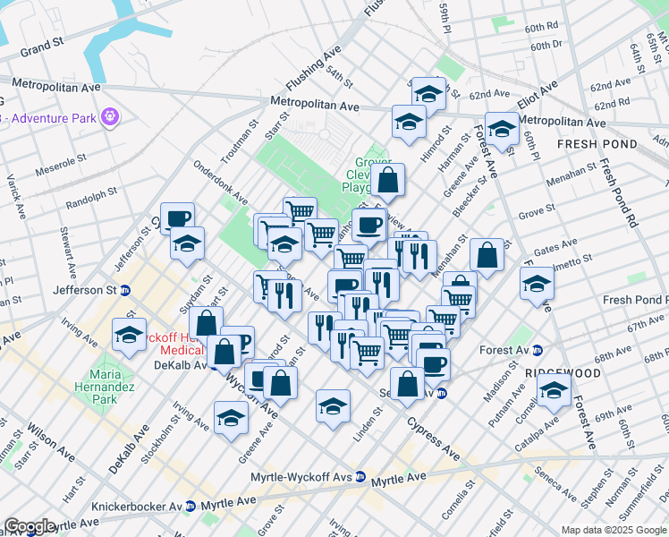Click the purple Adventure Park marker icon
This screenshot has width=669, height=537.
pos(110,116)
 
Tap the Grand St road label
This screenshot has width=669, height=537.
pos(44,44)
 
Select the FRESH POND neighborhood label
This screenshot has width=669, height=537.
pos(597,143)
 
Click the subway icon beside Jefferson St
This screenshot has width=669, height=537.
pos(125,290)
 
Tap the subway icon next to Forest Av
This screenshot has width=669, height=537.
pos(537,350)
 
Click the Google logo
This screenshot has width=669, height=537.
pos(30,526)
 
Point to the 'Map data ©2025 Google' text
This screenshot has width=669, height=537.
pos(613,530)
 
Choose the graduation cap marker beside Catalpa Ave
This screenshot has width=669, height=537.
pos(554,390)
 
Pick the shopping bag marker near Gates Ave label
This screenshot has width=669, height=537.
pos(487,255)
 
